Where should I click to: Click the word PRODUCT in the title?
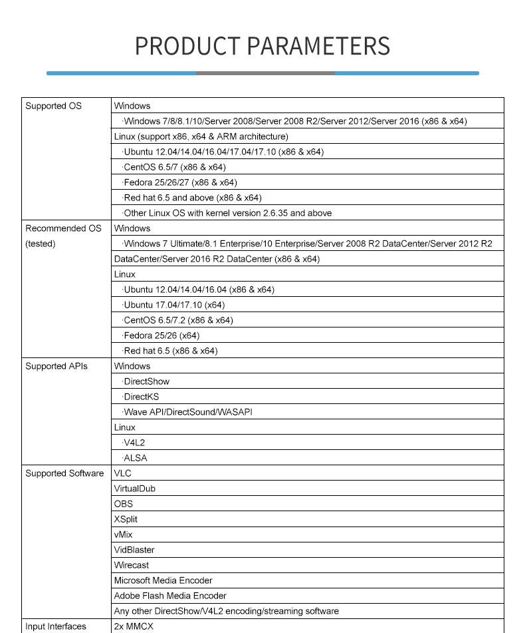tap(187, 46)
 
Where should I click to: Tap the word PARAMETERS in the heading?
tap(318, 46)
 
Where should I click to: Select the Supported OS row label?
tap(53, 106)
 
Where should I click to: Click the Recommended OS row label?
tap(63, 228)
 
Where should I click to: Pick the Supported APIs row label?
tap(56, 366)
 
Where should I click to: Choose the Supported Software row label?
tap(64, 473)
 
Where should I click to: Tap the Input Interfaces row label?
tap(56, 626)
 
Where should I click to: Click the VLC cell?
tap(123, 473)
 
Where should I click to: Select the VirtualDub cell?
tap(134, 489)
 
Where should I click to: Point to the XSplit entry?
tap(126, 519)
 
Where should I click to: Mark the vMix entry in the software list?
tap(124, 534)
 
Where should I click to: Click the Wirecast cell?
tap(132, 565)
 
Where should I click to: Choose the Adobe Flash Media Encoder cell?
tap(170, 596)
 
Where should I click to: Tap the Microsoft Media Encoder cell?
tap(163, 580)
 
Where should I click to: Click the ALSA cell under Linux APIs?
tap(135, 458)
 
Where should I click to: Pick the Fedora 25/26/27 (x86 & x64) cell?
tap(180, 182)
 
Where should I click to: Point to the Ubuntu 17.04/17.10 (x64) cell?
tap(174, 305)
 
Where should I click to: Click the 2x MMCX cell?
tap(133, 626)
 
